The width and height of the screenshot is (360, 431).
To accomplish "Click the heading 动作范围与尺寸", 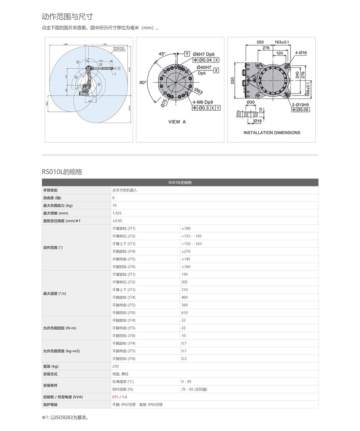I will tap(67, 17).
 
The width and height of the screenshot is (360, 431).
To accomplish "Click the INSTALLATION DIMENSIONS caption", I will tap(272, 133).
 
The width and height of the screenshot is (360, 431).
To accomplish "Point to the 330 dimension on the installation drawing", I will tap(233, 81).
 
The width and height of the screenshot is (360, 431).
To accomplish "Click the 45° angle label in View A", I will tap(162, 54).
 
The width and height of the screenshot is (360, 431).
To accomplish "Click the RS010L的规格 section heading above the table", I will tap(62, 172).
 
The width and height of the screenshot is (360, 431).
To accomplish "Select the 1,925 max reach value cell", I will tap(117, 213).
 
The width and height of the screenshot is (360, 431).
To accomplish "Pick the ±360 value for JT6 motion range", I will tap(186, 266).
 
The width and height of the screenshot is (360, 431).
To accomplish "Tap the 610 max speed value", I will tap(185, 312).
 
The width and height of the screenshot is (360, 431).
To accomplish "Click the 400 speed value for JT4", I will tap(185, 297).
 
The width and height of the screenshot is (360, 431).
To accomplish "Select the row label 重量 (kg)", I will tap(51, 366).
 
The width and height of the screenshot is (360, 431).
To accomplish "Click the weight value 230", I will tap(116, 366).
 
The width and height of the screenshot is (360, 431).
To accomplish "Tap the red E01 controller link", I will tap(115, 397).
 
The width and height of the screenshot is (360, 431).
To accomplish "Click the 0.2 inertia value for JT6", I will tap(184, 359).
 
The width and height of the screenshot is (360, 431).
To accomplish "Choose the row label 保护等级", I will tap(50, 404).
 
